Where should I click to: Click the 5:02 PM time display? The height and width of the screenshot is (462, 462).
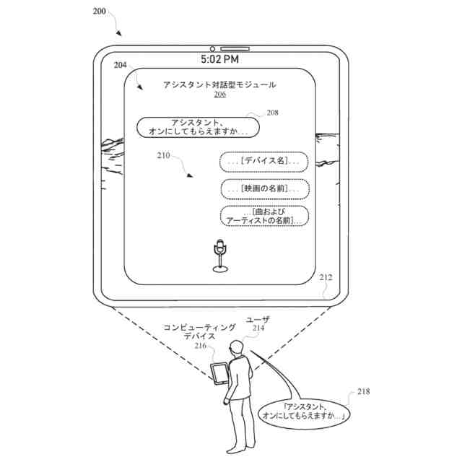(219, 58)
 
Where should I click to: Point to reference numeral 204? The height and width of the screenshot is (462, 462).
(121, 65)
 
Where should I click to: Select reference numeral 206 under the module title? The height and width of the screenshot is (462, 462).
(219, 95)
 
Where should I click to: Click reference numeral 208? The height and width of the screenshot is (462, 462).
(272, 112)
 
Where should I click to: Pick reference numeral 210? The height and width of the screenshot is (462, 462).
(163, 155)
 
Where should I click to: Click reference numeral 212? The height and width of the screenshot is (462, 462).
(326, 276)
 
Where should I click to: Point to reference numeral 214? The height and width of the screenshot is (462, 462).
(258, 328)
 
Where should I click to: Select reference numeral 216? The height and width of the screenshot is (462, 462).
(200, 346)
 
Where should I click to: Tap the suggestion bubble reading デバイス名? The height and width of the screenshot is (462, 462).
(263, 162)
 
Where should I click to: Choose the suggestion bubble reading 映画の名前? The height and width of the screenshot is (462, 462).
(263, 188)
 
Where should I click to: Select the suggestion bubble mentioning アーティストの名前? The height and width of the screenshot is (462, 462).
(263, 216)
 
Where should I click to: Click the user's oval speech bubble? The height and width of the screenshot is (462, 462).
(304, 411)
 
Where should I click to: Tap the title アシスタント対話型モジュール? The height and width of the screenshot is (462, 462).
(219, 84)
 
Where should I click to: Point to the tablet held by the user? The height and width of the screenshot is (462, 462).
(219, 374)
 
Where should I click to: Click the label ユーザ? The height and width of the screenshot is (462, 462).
(258, 318)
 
